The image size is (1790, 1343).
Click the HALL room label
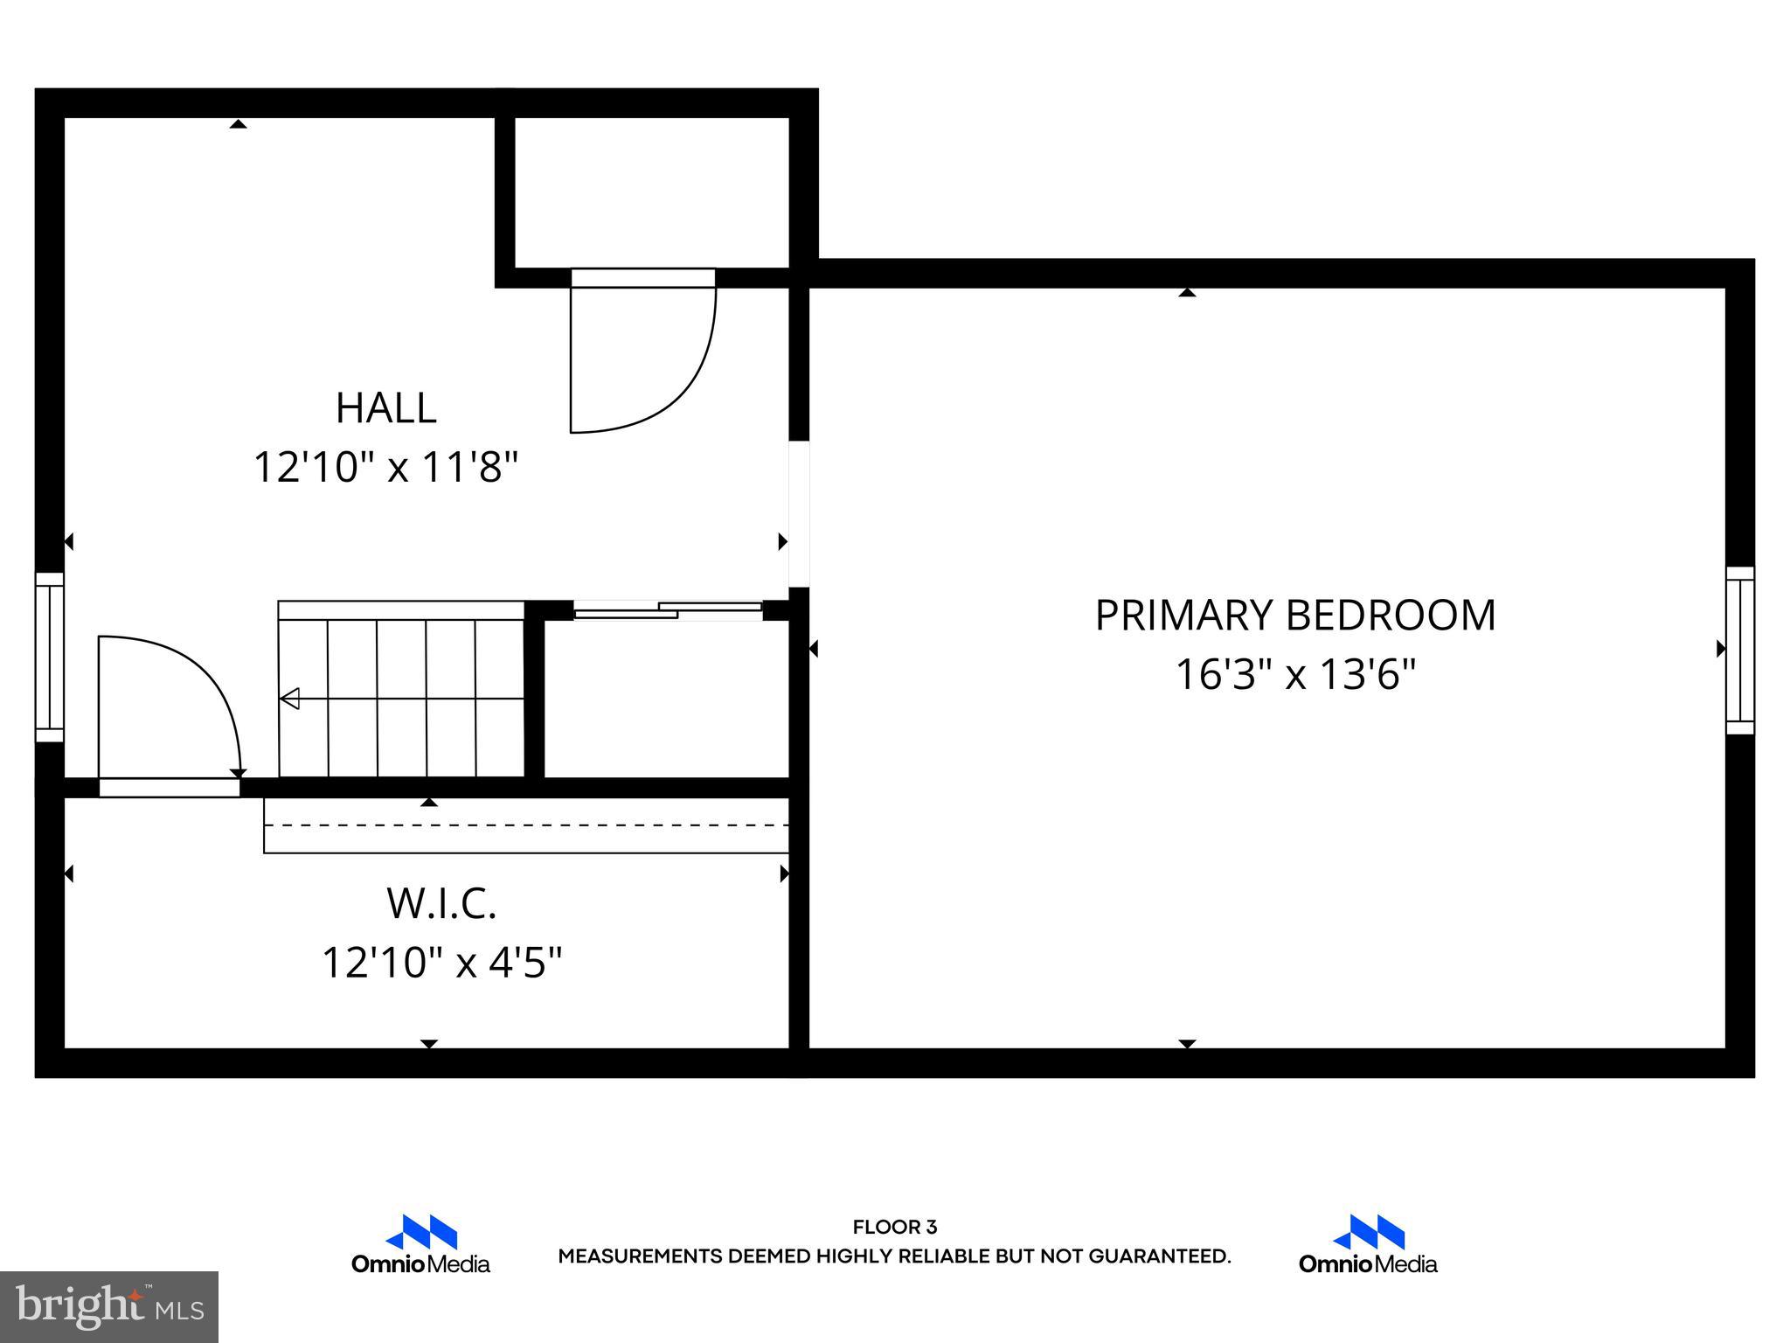click(x=385, y=408)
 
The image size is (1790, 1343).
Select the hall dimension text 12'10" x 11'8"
click(x=385, y=467)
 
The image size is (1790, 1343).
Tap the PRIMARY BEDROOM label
click(x=1294, y=616)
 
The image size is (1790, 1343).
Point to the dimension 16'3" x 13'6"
click(x=1294, y=675)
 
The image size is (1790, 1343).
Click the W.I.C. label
click(x=441, y=903)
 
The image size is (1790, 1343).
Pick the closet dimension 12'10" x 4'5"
click(x=441, y=963)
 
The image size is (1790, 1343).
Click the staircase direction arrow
click(x=290, y=699)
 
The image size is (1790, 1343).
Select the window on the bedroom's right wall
click(x=1739, y=650)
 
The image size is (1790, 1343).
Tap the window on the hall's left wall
click(x=50, y=657)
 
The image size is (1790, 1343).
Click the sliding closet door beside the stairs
click(x=668, y=610)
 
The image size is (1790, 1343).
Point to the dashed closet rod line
click(x=526, y=825)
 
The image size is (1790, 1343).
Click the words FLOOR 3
click(x=894, y=1228)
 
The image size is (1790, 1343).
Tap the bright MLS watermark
click(x=108, y=1306)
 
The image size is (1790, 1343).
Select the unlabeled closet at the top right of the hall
click(x=651, y=192)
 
